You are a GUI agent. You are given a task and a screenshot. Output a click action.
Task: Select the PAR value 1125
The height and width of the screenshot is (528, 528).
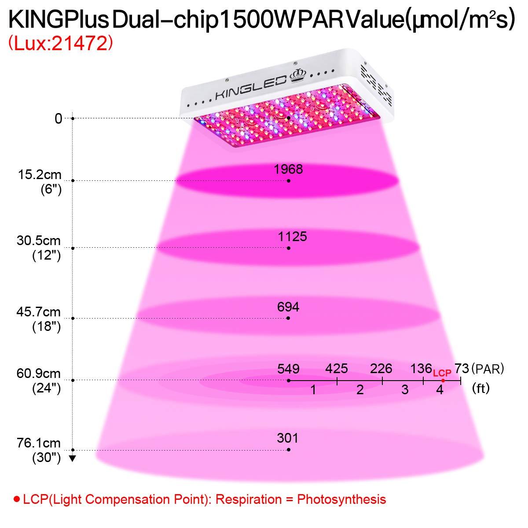coord(293,237)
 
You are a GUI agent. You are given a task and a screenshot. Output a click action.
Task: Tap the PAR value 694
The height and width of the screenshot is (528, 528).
coord(288,307)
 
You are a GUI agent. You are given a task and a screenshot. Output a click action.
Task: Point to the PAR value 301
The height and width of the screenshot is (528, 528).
coord(288,438)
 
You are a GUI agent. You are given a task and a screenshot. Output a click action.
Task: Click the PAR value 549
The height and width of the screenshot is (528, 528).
coord(289,369)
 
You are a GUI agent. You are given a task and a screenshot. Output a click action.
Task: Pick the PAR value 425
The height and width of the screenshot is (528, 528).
coord(337,369)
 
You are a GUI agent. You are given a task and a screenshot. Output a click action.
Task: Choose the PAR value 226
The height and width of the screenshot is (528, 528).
coord(381,369)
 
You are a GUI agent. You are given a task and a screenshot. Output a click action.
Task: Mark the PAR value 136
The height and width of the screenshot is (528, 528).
coord(421,369)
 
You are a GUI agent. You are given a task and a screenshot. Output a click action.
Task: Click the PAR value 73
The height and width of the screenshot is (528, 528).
coord(462,369)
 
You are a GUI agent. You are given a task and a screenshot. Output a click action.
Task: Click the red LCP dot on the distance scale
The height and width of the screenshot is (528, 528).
coord(443,381)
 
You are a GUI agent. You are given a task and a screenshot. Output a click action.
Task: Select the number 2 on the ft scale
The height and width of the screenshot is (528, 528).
coord(360,390)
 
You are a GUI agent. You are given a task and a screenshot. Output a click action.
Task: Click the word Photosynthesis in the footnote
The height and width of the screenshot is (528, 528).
coord(341,499)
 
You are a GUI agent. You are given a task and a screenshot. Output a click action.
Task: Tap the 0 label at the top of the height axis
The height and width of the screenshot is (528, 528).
coord(59,118)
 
